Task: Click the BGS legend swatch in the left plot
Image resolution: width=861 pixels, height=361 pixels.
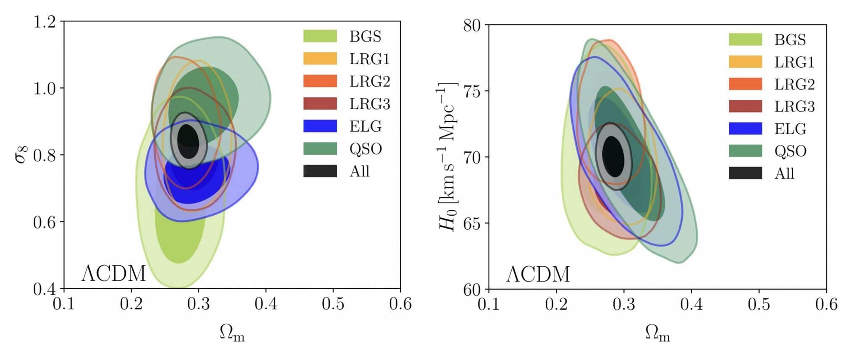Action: [x=320, y=36]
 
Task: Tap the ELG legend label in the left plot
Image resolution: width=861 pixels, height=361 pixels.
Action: [x=365, y=126]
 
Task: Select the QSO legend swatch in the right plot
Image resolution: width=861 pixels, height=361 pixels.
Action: [x=745, y=151]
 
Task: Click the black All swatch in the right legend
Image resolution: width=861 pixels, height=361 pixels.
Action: [x=745, y=173]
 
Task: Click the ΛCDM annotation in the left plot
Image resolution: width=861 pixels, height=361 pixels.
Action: [x=114, y=274]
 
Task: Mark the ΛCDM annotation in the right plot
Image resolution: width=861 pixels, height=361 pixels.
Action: [x=538, y=274]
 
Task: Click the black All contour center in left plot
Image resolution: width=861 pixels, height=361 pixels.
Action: [x=188, y=141]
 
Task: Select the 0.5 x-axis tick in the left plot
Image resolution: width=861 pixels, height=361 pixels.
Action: [x=333, y=304]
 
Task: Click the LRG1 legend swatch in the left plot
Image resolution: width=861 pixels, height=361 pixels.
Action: [x=320, y=58]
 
